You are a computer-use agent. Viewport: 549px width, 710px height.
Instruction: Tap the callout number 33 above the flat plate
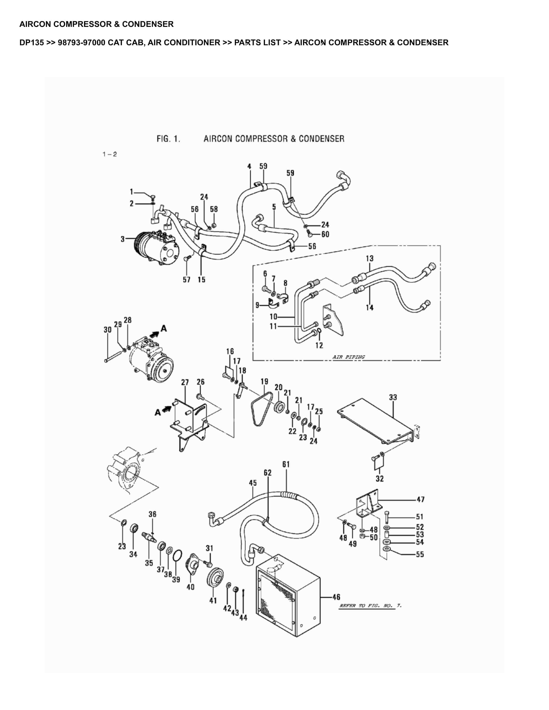(x=393, y=397)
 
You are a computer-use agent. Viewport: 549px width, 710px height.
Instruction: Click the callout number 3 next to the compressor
(x=123, y=239)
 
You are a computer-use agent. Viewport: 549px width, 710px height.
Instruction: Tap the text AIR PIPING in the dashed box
(x=348, y=357)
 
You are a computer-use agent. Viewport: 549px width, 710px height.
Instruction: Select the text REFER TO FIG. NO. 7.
(x=370, y=606)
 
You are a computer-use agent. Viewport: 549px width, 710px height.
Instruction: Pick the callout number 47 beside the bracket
(x=420, y=499)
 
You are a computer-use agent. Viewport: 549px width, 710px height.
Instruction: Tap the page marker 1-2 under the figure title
(x=110, y=154)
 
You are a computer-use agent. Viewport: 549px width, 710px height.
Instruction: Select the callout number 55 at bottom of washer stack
(x=420, y=554)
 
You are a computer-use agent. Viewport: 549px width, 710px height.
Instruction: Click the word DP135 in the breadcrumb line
(x=31, y=43)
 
